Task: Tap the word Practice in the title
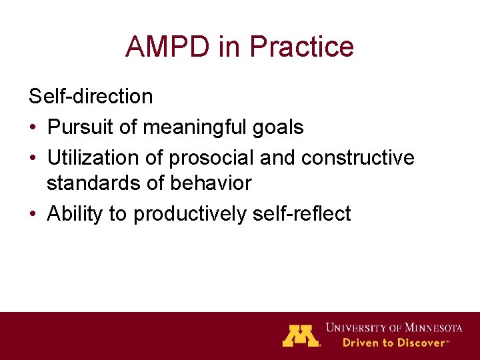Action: pyautogui.click(x=301, y=47)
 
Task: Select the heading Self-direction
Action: pyautogui.click(x=91, y=97)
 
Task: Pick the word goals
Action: pyautogui.click(x=279, y=127)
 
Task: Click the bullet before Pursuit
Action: pyautogui.click(x=33, y=127)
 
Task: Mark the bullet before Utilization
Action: pyautogui.click(x=33, y=158)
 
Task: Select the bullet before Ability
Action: pyautogui.click(x=33, y=215)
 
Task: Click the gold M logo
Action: pyautogui.click(x=301, y=335)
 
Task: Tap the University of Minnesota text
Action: pyautogui.click(x=393, y=328)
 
